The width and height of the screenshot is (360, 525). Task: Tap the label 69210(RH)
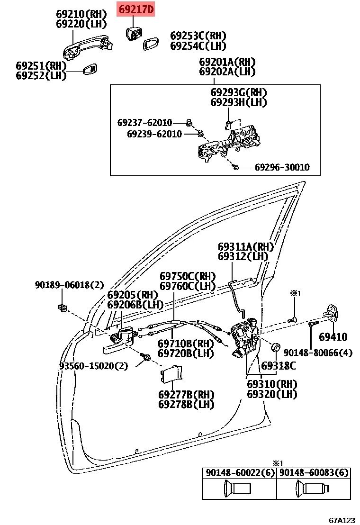click(81, 14)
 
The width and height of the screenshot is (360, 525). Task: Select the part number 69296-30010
click(282, 167)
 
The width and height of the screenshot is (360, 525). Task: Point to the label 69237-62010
click(144, 123)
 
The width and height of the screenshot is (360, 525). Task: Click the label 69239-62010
click(154, 134)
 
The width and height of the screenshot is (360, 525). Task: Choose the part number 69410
click(333, 337)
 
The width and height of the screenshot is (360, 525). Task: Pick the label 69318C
click(279, 365)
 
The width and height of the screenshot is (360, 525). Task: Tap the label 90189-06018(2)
click(69, 285)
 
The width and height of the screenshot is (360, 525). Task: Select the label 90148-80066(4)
click(318, 353)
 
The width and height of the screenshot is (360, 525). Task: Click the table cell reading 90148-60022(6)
click(239, 473)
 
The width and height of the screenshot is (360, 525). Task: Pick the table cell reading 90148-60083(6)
click(314, 473)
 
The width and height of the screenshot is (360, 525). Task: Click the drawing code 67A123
click(342, 520)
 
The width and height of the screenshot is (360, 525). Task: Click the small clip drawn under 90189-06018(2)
click(62, 308)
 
